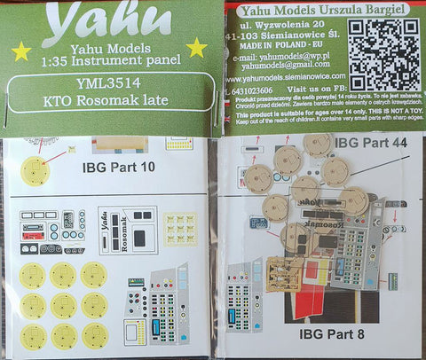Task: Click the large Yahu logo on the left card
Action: [x=106, y=19]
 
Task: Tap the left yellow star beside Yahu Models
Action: [x=20, y=51]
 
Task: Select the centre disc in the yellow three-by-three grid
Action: [x=64, y=304]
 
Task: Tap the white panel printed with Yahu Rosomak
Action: [x=128, y=231]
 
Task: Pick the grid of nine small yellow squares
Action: [x=180, y=229]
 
